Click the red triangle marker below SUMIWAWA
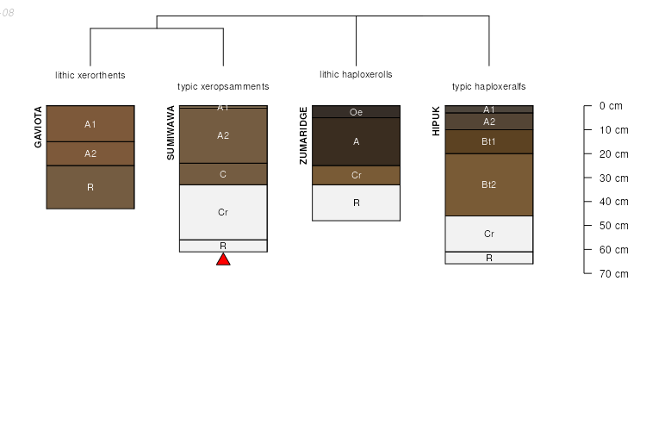pyautogui.click(x=223, y=259)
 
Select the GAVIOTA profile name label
pyautogui.click(x=38, y=127)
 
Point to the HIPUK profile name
pyautogui.click(x=436, y=121)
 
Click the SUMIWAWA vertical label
pyautogui.click(x=171, y=133)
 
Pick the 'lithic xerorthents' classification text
pyautogui.click(x=90, y=75)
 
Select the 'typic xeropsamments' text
pyautogui.click(x=223, y=86)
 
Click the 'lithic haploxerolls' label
pyautogui.click(x=356, y=75)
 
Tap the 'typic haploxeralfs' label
pyautogui.click(x=488, y=86)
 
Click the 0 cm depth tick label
pyautogui.click(x=610, y=106)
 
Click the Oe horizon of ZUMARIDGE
pyautogui.click(x=356, y=112)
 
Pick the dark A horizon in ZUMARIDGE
pyautogui.click(x=356, y=141)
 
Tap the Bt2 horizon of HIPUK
pyautogui.click(x=488, y=184)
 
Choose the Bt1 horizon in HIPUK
pyautogui.click(x=488, y=141)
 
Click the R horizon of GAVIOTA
pyautogui.click(x=90, y=187)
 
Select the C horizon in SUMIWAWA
pyautogui.click(x=223, y=174)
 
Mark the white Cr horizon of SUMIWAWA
pyautogui.click(x=223, y=212)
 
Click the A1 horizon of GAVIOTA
pyautogui.click(x=90, y=124)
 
